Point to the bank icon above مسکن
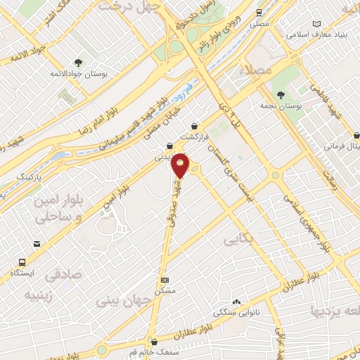[x=165, y=279]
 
